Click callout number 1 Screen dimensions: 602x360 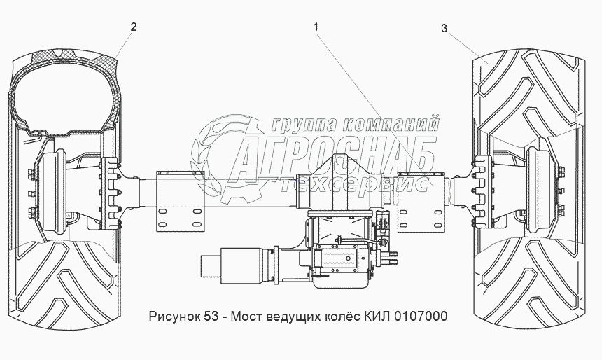316,27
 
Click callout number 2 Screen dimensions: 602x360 134,27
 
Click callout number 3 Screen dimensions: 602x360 444,29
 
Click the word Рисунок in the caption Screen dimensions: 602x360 174,316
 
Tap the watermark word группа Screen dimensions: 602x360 304,124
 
